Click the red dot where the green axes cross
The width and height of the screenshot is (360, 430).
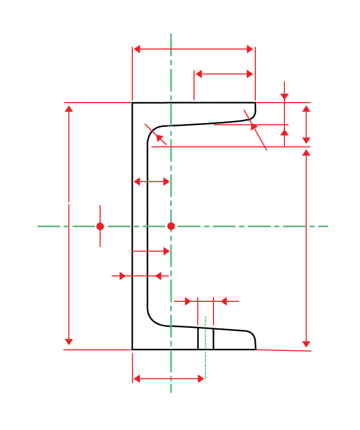tap(171, 226)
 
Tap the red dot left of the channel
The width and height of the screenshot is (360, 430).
tap(100, 226)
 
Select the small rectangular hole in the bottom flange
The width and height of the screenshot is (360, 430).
tap(205, 339)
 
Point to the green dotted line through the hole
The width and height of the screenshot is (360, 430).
tap(205, 357)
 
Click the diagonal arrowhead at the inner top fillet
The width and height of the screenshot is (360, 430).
tap(159, 137)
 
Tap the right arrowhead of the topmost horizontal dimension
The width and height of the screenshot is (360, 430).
tap(250, 49)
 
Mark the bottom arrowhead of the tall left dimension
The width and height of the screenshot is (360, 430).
tap(69, 341)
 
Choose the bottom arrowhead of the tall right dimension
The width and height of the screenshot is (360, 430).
tap(306, 343)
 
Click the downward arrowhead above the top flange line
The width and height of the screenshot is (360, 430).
tap(285, 97)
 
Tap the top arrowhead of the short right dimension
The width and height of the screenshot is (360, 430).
tap(306, 109)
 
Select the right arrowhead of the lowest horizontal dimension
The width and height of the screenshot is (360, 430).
tap(201, 378)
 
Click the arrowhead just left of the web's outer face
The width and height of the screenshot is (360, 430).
tap(122, 276)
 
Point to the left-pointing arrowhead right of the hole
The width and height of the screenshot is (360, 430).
tap(223, 301)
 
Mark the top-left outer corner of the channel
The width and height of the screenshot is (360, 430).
tap(132, 103)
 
